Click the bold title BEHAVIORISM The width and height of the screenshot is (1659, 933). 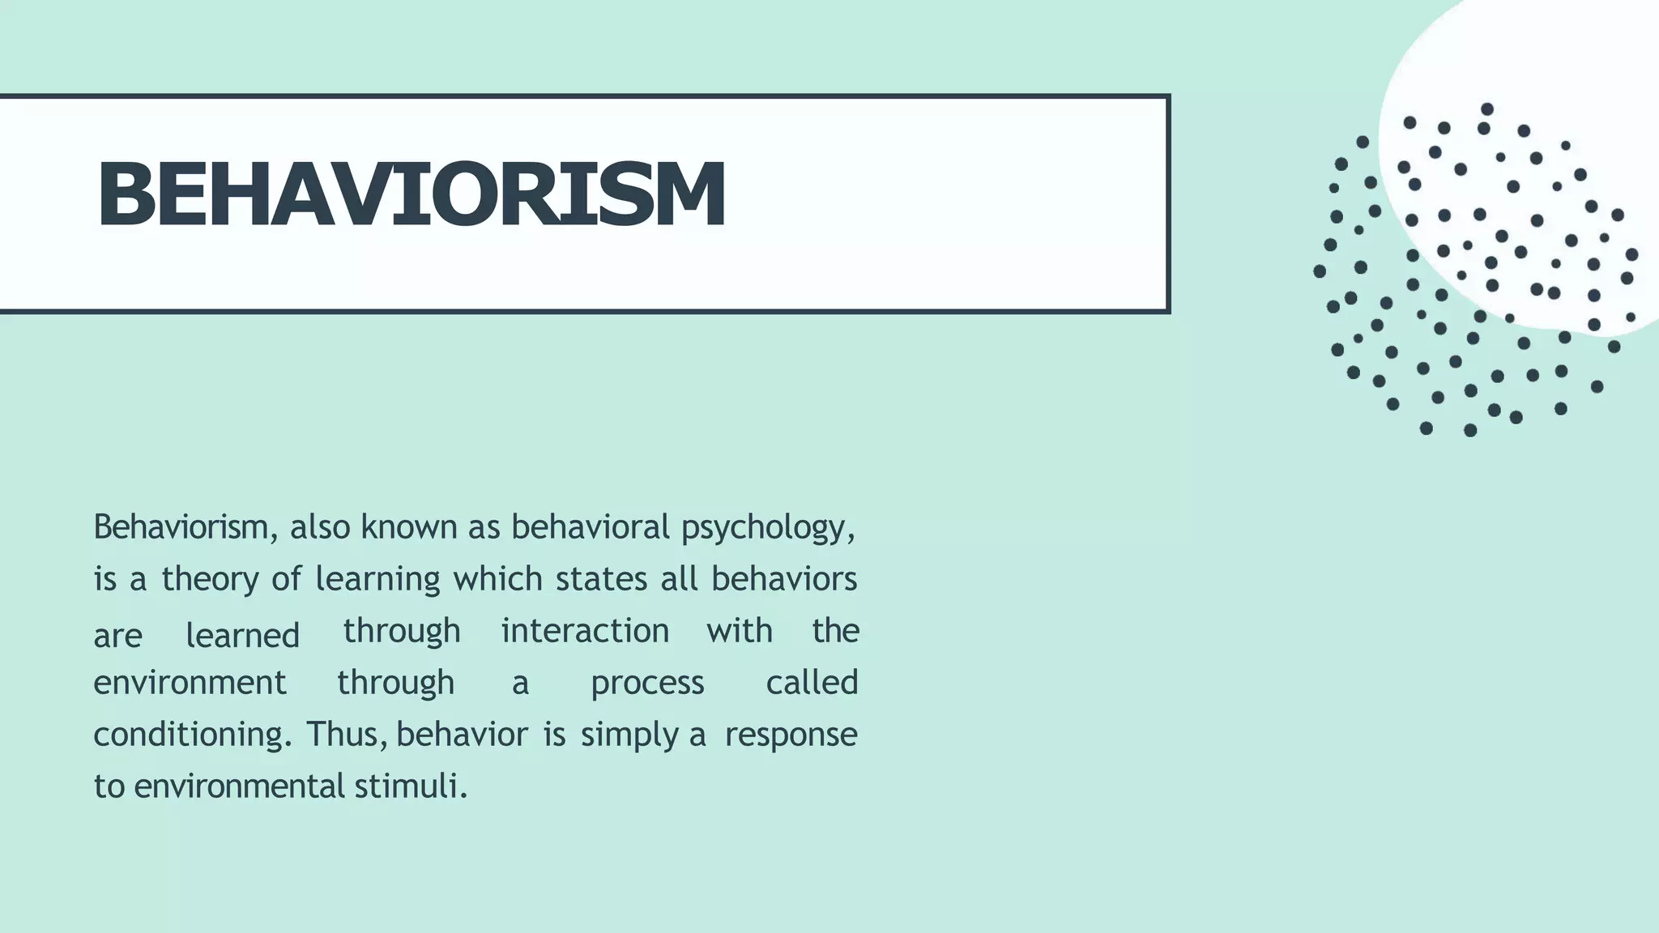pyautogui.click(x=411, y=195)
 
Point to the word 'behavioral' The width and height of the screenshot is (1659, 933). pyautogui.click(x=590, y=527)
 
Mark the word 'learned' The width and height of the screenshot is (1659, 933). pyautogui.click(x=242, y=636)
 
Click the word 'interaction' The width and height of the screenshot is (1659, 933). pyautogui.click(x=585, y=631)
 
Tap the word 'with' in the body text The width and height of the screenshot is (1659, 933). pyautogui.click(x=739, y=631)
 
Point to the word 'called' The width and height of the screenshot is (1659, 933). pyautogui.click(x=812, y=682)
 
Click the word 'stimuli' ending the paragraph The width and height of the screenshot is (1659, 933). pyautogui.click(x=410, y=786)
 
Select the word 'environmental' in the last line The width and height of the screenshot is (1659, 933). pyautogui.click(x=240, y=786)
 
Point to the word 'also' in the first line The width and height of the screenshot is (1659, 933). pyautogui.click(x=320, y=527)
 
